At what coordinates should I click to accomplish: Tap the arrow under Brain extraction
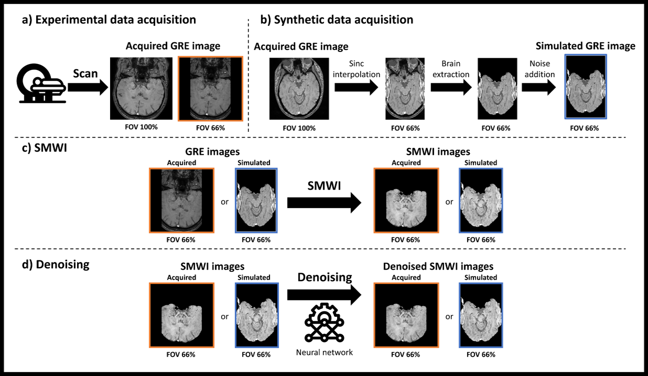[449, 89]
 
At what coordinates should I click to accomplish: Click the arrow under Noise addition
[539, 89]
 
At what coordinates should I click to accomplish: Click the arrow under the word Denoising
[324, 295]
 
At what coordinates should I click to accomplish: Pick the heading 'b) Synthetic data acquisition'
[337, 20]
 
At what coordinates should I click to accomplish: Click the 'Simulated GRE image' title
[585, 46]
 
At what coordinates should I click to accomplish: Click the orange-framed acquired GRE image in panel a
[211, 88]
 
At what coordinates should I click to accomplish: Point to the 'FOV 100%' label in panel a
[141, 127]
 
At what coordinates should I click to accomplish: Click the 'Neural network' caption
[324, 352]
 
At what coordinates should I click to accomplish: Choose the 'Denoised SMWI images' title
[438, 266]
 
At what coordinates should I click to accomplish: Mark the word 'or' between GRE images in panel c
[225, 202]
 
